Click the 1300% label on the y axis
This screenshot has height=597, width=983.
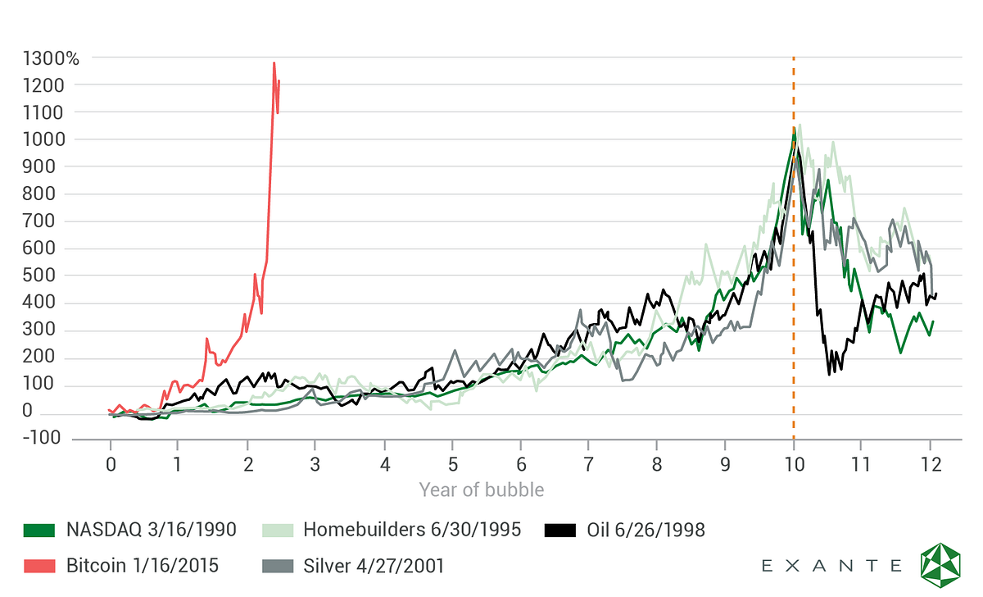pyautogui.click(x=51, y=58)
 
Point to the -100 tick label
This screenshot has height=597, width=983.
pyautogui.click(x=41, y=438)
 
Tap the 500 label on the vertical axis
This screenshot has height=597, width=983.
pyautogui.click(x=39, y=276)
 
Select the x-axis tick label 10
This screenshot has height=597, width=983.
pyautogui.click(x=794, y=464)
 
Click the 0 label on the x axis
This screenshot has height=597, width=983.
pyautogui.click(x=111, y=464)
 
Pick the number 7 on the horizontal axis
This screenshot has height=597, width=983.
pyautogui.click(x=588, y=464)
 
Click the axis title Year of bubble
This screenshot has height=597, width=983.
pyautogui.click(x=482, y=490)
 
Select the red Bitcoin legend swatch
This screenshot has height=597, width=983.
pyautogui.click(x=39, y=567)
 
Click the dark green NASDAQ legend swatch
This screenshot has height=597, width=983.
pyautogui.click(x=39, y=531)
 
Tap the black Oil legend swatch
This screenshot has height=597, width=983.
pyautogui.click(x=560, y=531)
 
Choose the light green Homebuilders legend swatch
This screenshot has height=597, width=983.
pyautogui.click(x=278, y=531)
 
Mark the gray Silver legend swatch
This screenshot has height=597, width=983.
pyautogui.click(x=278, y=567)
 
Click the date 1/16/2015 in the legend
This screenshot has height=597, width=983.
pyautogui.click(x=175, y=566)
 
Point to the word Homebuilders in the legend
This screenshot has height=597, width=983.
pyautogui.click(x=365, y=530)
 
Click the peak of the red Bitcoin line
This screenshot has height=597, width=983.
pyautogui.click(x=274, y=63)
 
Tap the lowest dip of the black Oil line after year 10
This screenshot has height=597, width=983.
pyautogui.click(x=829, y=374)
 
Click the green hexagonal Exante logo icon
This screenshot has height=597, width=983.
pyautogui.click(x=940, y=565)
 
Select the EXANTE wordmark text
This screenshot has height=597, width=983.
pyautogui.click(x=831, y=566)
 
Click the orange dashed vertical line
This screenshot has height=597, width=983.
pyautogui.click(x=794, y=248)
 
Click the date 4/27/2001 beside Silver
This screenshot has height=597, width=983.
pyautogui.click(x=401, y=566)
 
